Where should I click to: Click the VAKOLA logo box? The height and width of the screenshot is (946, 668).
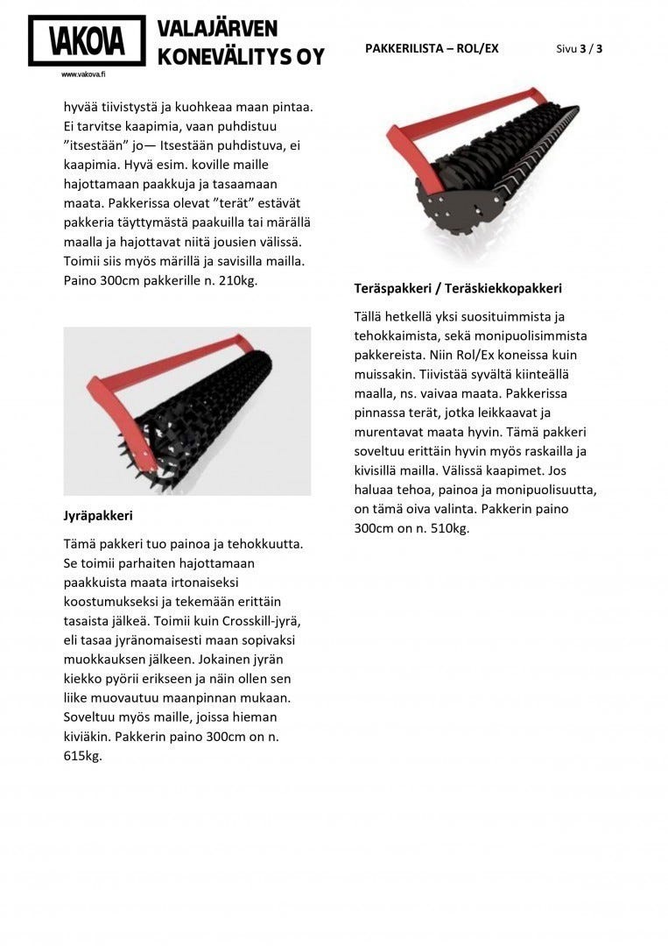tap(87, 40)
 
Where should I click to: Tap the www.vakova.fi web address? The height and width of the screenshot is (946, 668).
tap(83, 74)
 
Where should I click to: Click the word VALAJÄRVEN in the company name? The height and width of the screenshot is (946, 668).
tap(217, 29)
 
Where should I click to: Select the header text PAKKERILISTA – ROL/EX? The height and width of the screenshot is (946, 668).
tap(432, 48)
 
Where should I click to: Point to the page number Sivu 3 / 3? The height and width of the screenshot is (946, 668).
tap(579, 48)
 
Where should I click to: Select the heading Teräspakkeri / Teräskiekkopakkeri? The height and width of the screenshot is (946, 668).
tap(458, 287)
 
